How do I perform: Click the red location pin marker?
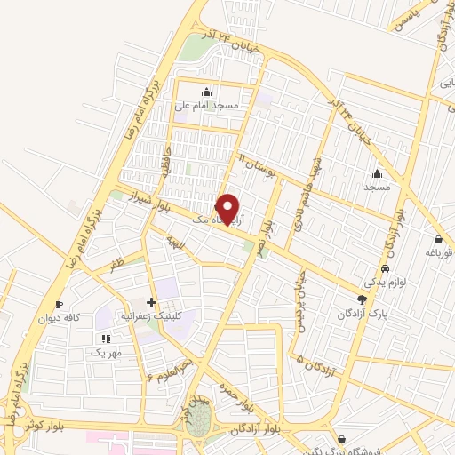(x=228, y=209)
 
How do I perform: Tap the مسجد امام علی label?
(x=207, y=106)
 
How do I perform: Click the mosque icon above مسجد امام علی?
(x=207, y=91)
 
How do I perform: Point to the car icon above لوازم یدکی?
(x=384, y=268)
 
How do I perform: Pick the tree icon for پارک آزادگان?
(x=361, y=299)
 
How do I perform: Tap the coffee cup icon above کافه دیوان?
(x=60, y=303)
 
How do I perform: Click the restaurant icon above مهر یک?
(x=106, y=338)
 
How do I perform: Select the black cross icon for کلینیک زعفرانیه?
(x=151, y=302)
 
